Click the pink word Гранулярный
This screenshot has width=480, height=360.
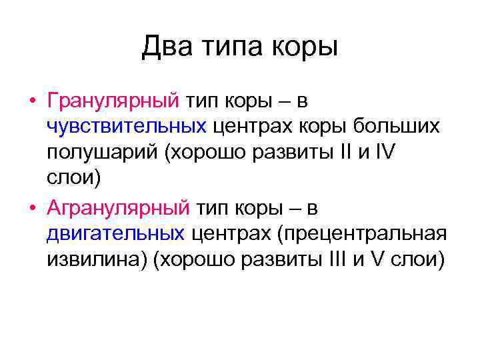(x=113, y=101)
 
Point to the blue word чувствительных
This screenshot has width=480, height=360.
(x=126, y=127)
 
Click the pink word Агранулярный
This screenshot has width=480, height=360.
(x=118, y=208)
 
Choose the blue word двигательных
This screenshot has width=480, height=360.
(x=116, y=234)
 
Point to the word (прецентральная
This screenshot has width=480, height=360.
(x=346, y=234)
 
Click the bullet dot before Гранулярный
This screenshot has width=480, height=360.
(x=32, y=102)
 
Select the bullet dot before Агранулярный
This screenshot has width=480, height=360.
(x=32, y=209)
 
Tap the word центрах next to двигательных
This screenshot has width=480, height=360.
(x=229, y=234)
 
